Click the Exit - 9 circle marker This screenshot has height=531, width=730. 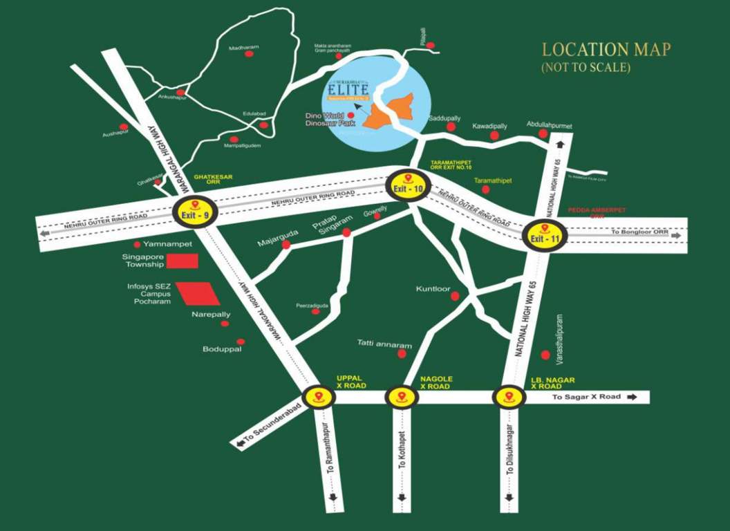[194, 209]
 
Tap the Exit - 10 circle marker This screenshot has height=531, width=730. [407, 186]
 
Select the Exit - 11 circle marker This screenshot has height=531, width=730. [544, 235]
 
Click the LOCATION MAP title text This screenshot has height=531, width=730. [606, 50]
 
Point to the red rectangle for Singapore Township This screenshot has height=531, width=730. [184, 261]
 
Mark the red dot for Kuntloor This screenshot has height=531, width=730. [455, 296]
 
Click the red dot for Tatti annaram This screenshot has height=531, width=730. [402, 354]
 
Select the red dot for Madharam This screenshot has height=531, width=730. [249, 53]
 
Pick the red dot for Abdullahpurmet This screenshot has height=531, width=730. [543, 133]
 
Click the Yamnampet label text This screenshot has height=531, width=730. [168, 244]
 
